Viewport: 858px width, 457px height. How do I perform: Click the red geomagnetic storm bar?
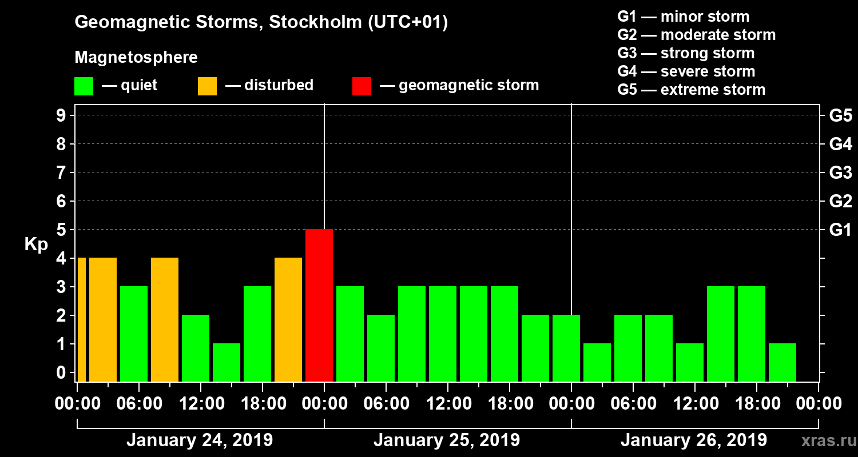pos(319,305)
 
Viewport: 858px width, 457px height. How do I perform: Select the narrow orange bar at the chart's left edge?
pos(81,319)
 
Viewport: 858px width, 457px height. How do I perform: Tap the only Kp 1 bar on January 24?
pos(227,362)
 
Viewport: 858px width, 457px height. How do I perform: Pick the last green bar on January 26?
pos(782,362)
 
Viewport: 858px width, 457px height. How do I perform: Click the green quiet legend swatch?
pos(84,86)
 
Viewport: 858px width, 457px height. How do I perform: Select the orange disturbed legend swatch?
pos(207,86)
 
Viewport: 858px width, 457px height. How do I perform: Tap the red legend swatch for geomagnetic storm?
pos(362,86)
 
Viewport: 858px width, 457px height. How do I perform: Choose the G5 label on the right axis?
pos(840,115)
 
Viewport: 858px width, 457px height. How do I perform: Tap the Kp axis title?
pos(36,244)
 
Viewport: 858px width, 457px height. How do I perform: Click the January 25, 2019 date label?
pos(447,440)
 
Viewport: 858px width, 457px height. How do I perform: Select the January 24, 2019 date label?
pos(199,440)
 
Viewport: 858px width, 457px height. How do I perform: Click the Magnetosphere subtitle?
pos(136,58)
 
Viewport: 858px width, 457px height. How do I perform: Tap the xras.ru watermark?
pos(825,441)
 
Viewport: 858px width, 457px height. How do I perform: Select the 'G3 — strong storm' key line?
pos(686,53)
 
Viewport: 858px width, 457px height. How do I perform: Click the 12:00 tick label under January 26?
pos(694,403)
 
